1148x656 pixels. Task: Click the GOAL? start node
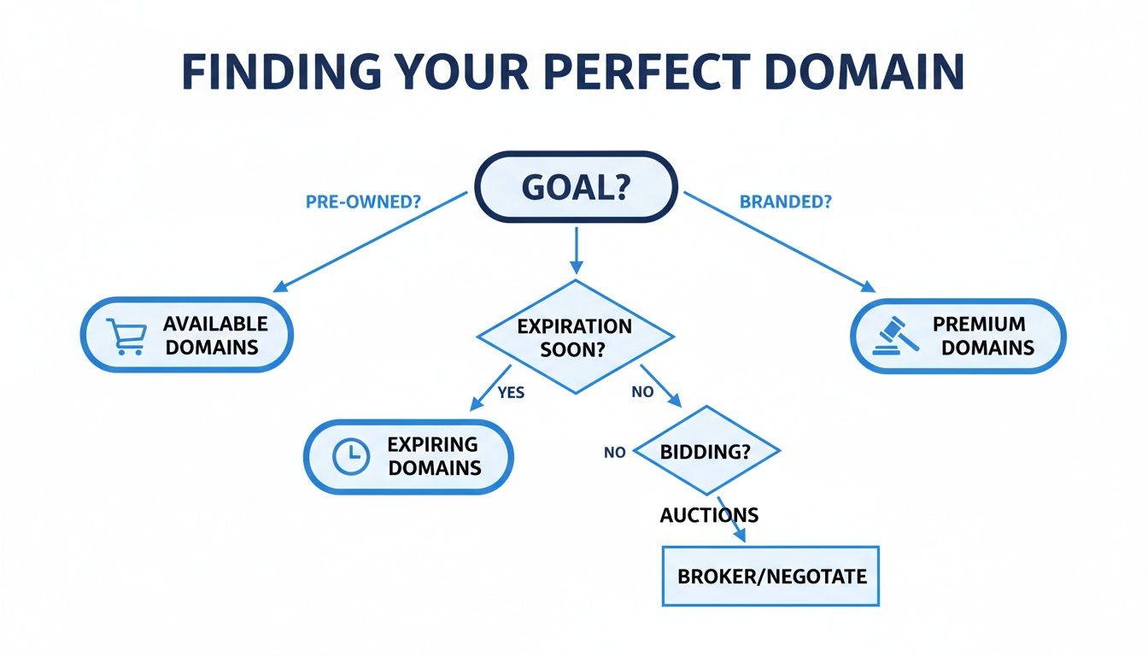[x=575, y=188]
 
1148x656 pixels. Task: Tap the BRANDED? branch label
[x=786, y=203]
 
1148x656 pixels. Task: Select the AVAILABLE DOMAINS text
[x=215, y=336]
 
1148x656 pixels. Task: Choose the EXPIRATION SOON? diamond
[x=575, y=337]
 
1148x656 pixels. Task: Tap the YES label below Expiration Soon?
[x=511, y=393]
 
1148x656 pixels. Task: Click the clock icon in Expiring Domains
[x=349, y=456]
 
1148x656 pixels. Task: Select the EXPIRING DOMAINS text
[x=433, y=456]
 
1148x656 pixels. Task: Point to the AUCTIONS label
[x=708, y=515]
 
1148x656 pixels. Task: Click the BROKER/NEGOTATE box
[x=770, y=576]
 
